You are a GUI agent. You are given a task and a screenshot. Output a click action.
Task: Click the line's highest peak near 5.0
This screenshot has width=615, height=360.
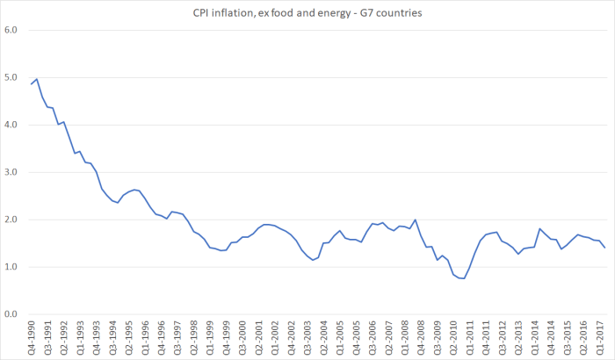pyautogui.click(x=36, y=79)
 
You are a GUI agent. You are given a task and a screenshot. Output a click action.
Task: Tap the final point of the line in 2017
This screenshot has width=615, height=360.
pyautogui.click(x=604, y=248)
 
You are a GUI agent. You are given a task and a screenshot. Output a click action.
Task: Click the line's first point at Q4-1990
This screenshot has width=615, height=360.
pyautogui.click(x=31, y=84)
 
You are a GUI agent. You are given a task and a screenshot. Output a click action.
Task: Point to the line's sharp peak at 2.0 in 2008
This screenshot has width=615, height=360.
pyautogui.click(x=415, y=220)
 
